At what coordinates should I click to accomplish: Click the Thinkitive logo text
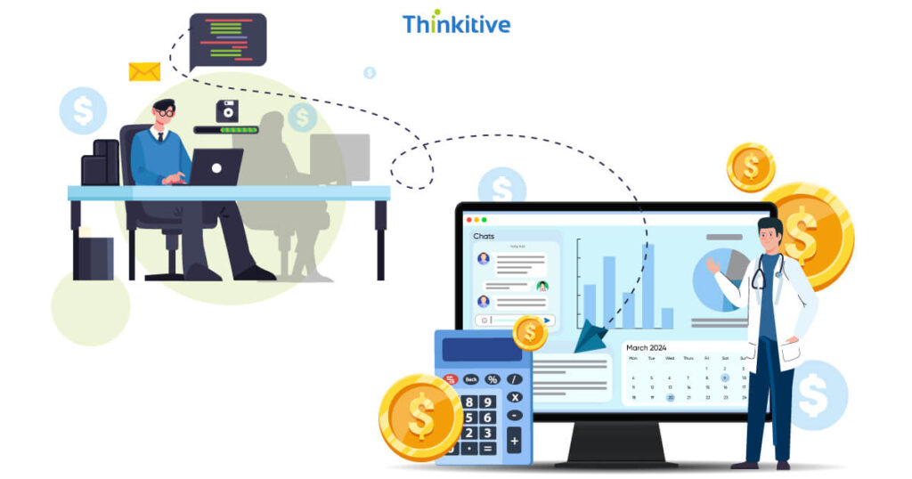tap(456, 23)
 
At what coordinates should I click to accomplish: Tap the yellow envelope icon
tap(144, 71)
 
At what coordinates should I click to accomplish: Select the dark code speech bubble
tap(228, 40)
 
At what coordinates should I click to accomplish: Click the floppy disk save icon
tap(227, 111)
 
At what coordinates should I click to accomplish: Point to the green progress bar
tap(227, 131)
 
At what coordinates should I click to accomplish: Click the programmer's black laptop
tap(216, 166)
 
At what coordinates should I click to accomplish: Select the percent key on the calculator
tap(492, 379)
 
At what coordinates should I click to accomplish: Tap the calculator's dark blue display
tap(481, 349)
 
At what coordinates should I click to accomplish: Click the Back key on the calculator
tap(471, 379)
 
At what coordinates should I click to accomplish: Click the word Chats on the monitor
tap(484, 236)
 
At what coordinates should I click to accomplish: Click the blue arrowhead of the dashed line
tap(590, 340)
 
